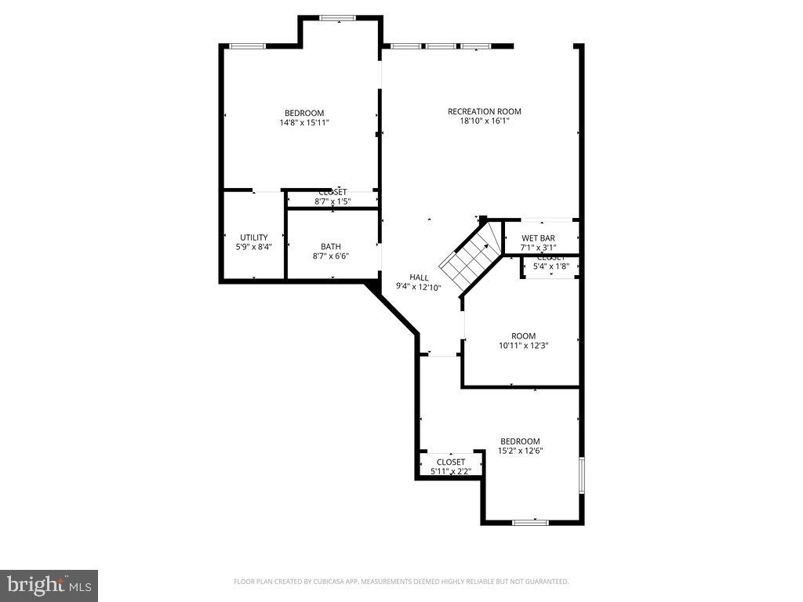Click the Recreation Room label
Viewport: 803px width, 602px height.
pyautogui.click(x=484, y=111)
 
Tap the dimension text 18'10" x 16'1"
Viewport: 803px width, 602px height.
pyautogui.click(x=484, y=121)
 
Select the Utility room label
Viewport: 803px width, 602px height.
pyautogui.click(x=253, y=238)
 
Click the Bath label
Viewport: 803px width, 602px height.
pyautogui.click(x=330, y=247)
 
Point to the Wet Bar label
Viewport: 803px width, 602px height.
pyautogui.click(x=538, y=238)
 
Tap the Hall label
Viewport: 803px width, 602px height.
pyautogui.click(x=419, y=277)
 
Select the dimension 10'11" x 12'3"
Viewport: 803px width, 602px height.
pyautogui.click(x=523, y=346)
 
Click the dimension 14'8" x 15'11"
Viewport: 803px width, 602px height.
pyautogui.click(x=303, y=122)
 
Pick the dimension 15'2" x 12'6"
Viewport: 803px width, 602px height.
pyautogui.click(x=521, y=451)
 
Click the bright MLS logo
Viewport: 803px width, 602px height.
pyautogui.click(x=49, y=585)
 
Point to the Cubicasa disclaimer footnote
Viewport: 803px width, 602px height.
pyautogui.click(x=401, y=582)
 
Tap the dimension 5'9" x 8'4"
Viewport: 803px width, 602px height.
pyautogui.click(x=253, y=247)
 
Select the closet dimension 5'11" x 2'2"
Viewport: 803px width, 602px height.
pyautogui.click(x=450, y=472)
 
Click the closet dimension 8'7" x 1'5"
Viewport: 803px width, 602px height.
pyautogui.click(x=332, y=202)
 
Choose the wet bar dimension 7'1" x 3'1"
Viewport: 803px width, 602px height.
pyautogui.click(x=538, y=247)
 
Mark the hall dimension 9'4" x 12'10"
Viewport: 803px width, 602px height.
pyautogui.click(x=419, y=288)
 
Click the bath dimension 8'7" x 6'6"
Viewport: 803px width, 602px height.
pyautogui.click(x=330, y=256)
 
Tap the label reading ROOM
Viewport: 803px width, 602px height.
pyautogui.click(x=523, y=336)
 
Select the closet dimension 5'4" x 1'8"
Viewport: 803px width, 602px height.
pyautogui.click(x=550, y=267)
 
